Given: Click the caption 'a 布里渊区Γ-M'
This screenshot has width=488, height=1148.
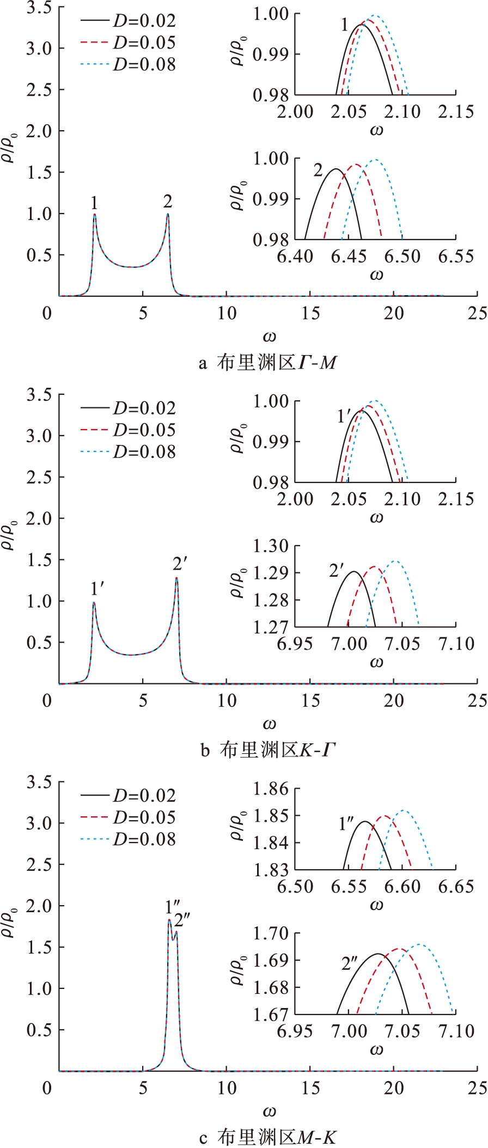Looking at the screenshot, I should tap(267, 363).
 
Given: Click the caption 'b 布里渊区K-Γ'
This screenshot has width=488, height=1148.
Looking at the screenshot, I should tap(267, 750).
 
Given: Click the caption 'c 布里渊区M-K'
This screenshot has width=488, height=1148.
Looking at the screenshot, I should tap(267, 1137).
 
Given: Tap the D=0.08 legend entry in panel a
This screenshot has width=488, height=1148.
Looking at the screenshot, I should tap(144, 65).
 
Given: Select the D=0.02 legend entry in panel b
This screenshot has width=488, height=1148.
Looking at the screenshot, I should tap(144, 408).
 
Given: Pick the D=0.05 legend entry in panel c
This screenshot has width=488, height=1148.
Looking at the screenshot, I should tap(144, 817).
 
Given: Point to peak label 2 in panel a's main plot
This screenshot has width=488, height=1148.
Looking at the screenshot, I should tap(168, 201).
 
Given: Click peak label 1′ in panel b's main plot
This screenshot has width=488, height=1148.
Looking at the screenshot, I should tap(97, 589).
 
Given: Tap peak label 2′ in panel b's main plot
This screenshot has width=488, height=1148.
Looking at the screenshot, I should tap(180, 564).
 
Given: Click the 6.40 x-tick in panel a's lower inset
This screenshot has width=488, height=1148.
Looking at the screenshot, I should tap(295, 256).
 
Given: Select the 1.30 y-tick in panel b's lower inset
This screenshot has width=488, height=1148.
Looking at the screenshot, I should tap(271, 546).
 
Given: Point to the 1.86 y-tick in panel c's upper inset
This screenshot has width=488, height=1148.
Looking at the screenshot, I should tap(271, 789).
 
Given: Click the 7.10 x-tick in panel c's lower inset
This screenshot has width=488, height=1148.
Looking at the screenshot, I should tap(456, 1031).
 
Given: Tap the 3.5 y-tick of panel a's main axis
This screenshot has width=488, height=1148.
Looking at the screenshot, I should tap(39, 8).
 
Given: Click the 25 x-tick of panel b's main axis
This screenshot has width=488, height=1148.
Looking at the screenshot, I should tap(477, 700).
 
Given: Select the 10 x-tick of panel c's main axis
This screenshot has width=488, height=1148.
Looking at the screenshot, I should tap(227, 1088).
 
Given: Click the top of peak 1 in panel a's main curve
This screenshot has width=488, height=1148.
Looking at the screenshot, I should tap(95, 214).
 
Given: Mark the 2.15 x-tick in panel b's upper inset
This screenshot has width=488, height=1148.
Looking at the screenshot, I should tap(456, 499).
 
